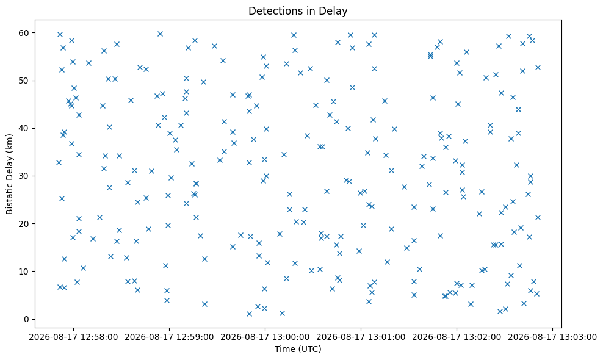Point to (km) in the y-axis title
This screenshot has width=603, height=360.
click(10, 143)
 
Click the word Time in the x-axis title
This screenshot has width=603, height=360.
click(283, 349)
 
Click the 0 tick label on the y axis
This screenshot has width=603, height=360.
click(26, 319)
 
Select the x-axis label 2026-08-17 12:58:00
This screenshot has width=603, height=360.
click(73, 337)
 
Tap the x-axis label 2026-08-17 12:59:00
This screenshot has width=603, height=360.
click(169, 337)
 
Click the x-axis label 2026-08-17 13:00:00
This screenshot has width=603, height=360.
click(265, 337)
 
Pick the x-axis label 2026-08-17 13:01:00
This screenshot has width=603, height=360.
click(361, 337)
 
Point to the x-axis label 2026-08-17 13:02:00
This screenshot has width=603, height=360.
click(457, 337)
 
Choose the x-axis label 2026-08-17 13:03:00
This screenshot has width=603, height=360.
click(552, 337)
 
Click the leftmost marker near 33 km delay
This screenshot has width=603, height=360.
click(59, 163)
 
